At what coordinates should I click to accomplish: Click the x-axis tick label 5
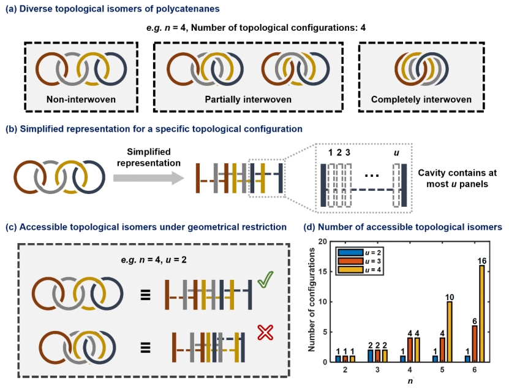438,371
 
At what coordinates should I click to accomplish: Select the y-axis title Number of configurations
312,302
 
